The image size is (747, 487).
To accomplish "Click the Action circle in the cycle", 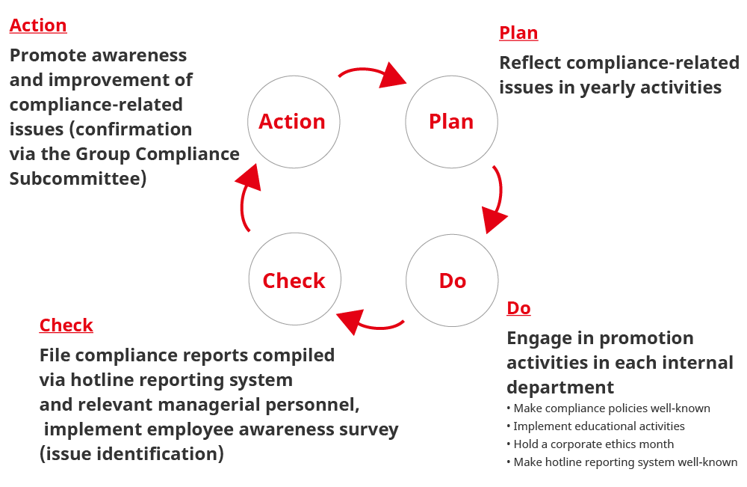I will click(293, 121).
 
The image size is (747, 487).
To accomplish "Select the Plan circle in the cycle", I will click(451, 121).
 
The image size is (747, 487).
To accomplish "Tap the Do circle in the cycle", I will click(452, 281).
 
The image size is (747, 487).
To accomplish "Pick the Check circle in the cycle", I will click(294, 281).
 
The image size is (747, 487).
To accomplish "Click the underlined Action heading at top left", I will click(38, 25).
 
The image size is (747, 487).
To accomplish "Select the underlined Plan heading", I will click(518, 33).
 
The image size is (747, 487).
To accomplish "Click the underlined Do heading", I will click(518, 308).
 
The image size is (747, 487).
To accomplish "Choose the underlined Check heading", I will click(66, 325).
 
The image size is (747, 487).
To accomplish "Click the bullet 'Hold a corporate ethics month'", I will click(593, 444).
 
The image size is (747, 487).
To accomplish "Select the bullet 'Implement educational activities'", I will click(598, 426).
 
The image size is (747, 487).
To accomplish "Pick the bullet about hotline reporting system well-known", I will click(624, 462).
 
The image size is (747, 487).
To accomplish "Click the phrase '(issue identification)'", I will click(131, 454).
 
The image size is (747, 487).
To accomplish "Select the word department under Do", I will click(560, 388).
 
